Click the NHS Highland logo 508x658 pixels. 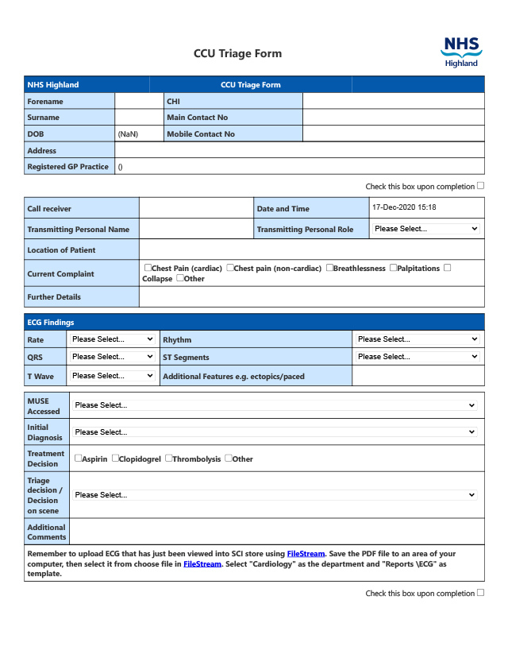point(461,52)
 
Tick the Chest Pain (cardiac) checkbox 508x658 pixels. point(148,268)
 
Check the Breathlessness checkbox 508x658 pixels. point(329,268)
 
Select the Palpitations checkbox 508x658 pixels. point(393,268)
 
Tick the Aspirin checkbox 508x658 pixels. point(78,458)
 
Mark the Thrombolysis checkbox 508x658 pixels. point(168,458)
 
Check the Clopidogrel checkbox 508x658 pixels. point(115,458)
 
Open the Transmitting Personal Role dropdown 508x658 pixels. point(426,229)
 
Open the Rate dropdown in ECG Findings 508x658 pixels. point(112,339)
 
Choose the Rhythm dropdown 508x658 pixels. point(418,339)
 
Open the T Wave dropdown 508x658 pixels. point(112,376)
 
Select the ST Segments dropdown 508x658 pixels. point(418,357)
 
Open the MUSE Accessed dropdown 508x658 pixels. point(275,405)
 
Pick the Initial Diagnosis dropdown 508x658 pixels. point(275,432)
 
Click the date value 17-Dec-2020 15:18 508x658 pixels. point(404,207)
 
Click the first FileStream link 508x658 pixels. point(306,553)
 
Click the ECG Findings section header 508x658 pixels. point(51,323)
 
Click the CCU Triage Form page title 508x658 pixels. point(237,54)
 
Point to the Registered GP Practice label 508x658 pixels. point(68,167)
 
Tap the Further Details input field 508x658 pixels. point(311,297)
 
